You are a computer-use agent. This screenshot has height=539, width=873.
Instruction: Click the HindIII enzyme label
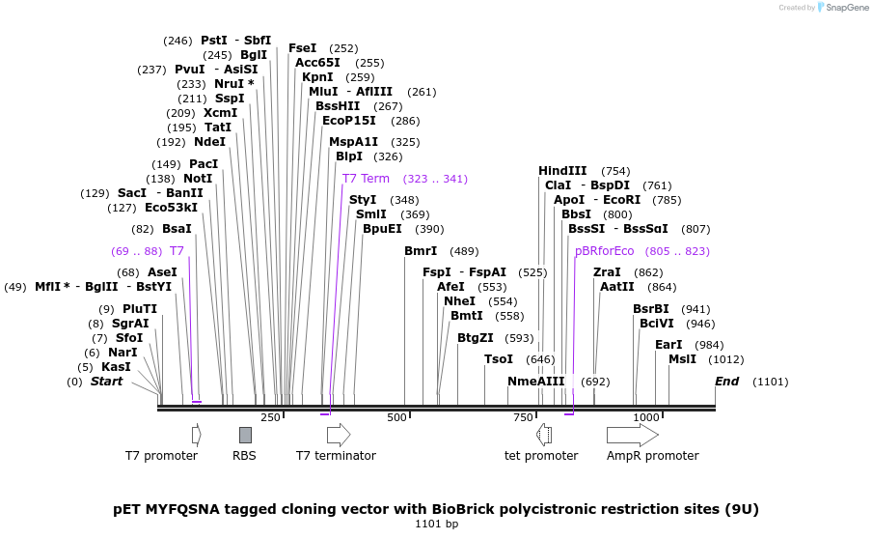[562, 171]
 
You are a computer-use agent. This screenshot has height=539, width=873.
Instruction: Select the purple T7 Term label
[366, 179]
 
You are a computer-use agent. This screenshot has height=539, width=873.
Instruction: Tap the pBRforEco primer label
[604, 250]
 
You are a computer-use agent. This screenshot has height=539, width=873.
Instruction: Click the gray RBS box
[246, 435]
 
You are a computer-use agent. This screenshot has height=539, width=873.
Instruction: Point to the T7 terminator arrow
[339, 435]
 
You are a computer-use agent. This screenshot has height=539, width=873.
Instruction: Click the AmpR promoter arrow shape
[632, 435]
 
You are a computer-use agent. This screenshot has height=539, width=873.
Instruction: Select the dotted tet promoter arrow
[544, 435]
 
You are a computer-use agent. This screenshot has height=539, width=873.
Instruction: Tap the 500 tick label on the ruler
[396, 417]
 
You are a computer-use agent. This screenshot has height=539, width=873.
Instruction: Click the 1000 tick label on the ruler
[645, 417]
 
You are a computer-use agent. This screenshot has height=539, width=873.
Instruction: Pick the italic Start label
[106, 382]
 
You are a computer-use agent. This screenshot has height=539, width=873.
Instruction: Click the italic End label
[726, 382]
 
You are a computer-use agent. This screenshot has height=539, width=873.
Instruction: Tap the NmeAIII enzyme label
[535, 382]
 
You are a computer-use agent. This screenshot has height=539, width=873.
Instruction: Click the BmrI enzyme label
[421, 251]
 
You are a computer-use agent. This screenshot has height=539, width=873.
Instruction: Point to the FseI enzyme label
[302, 48]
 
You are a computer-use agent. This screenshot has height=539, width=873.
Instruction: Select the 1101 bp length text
[436, 525]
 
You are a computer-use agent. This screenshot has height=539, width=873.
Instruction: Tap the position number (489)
[464, 251]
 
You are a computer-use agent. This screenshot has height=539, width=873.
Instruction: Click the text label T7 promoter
[161, 456]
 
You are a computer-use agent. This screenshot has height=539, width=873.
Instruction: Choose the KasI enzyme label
[116, 367]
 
